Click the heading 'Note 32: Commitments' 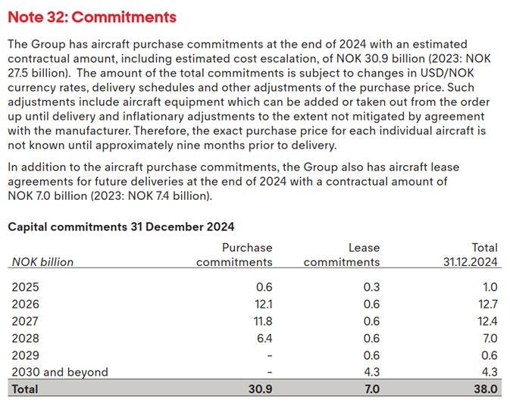click(x=92, y=17)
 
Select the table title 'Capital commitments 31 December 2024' click(x=120, y=226)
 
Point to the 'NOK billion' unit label click(x=42, y=262)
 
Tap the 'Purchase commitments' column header click(x=234, y=255)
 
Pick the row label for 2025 click(x=25, y=287)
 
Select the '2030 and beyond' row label click(x=60, y=372)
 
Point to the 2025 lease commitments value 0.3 click(x=371, y=287)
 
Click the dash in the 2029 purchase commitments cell click(x=269, y=355)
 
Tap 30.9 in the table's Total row click(x=259, y=389)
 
